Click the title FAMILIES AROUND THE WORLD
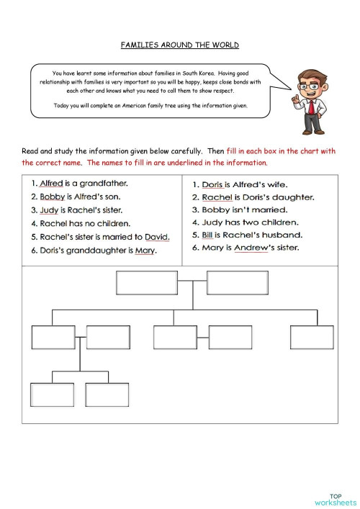(180, 45)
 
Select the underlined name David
(156, 236)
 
